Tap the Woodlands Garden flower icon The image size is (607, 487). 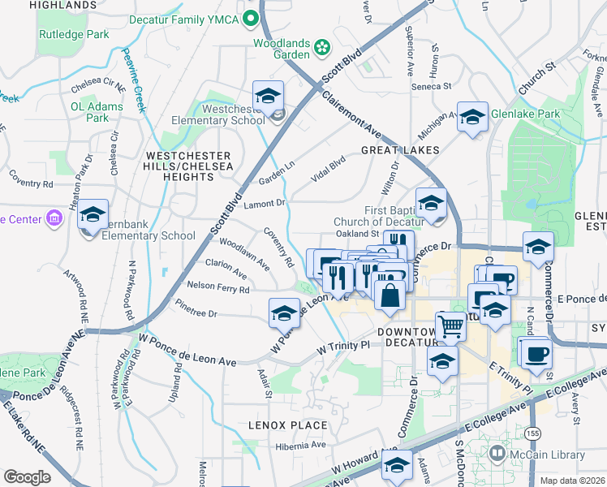coord(323,47)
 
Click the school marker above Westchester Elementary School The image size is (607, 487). coord(268,97)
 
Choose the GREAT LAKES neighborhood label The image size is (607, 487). coord(400,150)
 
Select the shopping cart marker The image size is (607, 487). coord(451,327)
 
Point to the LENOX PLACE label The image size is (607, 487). coord(288,425)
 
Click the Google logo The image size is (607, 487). coord(27,477)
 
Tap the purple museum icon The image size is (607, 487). coord(54,219)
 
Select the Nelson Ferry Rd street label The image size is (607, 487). coord(217,287)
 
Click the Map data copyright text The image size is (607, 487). coord(571,481)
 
